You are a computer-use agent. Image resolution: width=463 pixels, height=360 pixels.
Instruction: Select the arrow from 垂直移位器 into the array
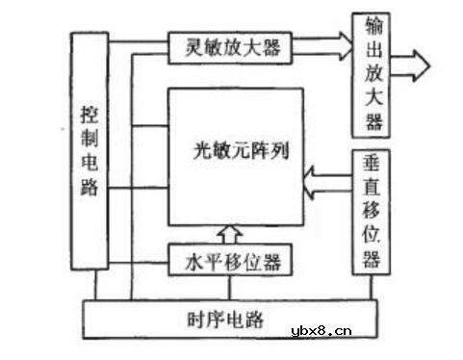click(x=322, y=179)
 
